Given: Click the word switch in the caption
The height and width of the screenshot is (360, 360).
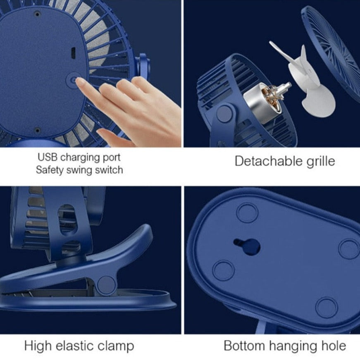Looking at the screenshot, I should click(x=109, y=170).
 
